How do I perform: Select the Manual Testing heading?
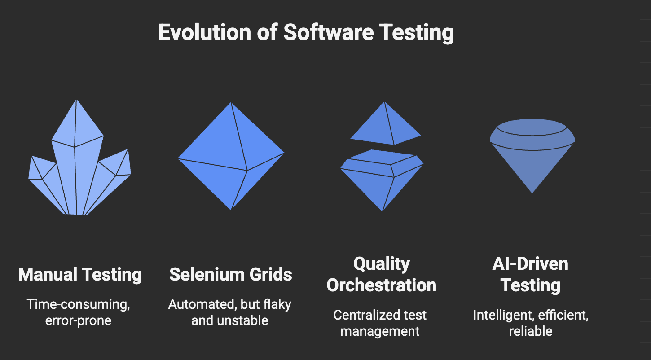pyautogui.click(x=80, y=274)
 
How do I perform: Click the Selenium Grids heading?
pyautogui.click(x=231, y=274)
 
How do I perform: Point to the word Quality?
pyautogui.click(x=382, y=263)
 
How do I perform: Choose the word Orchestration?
pyautogui.click(x=382, y=285)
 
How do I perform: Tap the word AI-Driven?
pyautogui.click(x=530, y=263)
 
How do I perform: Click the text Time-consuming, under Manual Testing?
pyautogui.click(x=78, y=304)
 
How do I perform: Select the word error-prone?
pyautogui.click(x=78, y=321)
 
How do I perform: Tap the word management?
pyautogui.click(x=380, y=331)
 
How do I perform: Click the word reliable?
pyautogui.click(x=531, y=331)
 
